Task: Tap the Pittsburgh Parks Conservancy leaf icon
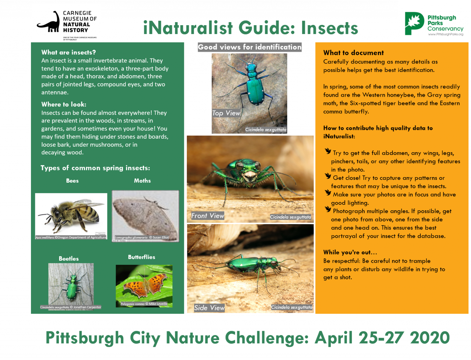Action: (x=414, y=23)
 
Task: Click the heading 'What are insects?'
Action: (x=69, y=52)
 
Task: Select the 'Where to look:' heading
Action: (x=64, y=104)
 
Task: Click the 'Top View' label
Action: (x=226, y=113)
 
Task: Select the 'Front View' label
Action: (x=208, y=216)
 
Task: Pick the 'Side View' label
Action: (x=209, y=308)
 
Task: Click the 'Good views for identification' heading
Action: (x=250, y=47)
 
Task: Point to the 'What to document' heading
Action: (x=353, y=53)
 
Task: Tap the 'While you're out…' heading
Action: (x=350, y=252)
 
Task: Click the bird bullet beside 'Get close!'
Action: (x=328, y=176)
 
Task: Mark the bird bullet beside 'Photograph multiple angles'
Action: (x=328, y=210)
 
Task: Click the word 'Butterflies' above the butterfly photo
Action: (x=142, y=257)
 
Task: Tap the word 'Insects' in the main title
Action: (x=330, y=28)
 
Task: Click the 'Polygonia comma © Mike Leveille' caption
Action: (x=144, y=304)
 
